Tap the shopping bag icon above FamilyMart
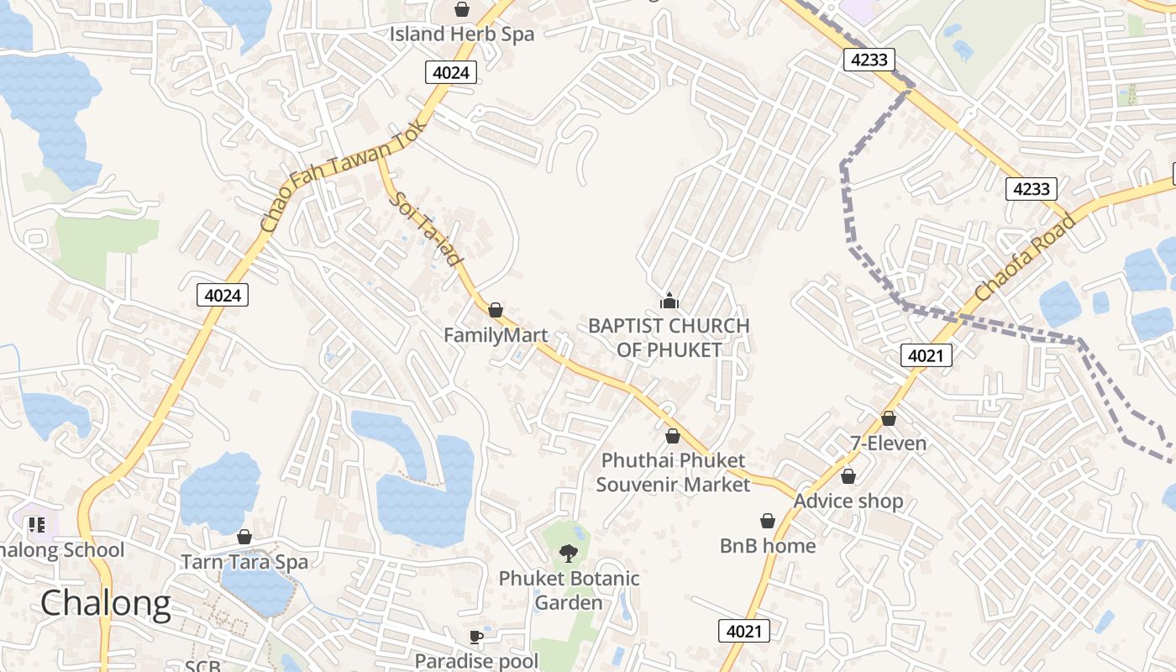(x=496, y=310)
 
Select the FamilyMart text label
(x=496, y=335)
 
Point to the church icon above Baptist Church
(x=669, y=300)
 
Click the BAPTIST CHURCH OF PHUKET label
(x=669, y=338)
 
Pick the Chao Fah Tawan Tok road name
(x=344, y=176)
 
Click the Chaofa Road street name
(x=1026, y=259)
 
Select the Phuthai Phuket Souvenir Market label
(x=673, y=472)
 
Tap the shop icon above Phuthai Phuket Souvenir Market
(x=672, y=436)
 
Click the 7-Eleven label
(x=889, y=444)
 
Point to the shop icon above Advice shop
(x=848, y=476)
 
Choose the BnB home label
(x=768, y=546)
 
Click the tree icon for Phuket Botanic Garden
(x=569, y=553)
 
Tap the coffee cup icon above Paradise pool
(x=476, y=637)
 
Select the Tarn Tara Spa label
(x=244, y=562)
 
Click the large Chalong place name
(x=105, y=603)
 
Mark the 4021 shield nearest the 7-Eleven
(x=927, y=355)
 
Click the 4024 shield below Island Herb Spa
(x=451, y=72)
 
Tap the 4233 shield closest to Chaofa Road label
(x=1031, y=188)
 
